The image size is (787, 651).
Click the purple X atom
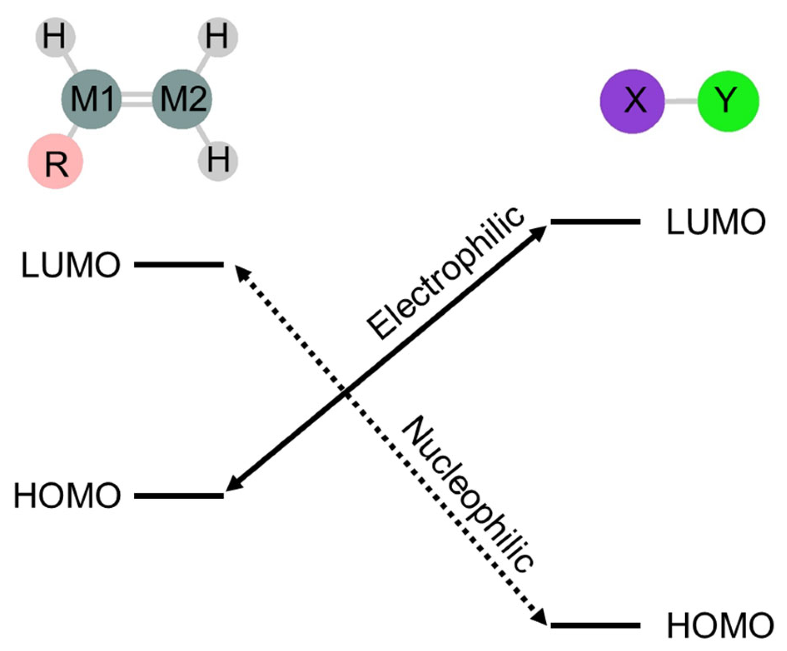632,101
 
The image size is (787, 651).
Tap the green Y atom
728,101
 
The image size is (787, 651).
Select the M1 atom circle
92,99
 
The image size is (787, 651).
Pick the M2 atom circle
182,99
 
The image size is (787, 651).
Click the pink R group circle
56,162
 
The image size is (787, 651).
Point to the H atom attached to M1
55,37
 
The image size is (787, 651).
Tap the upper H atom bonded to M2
218,37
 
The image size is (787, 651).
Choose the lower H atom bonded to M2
218,160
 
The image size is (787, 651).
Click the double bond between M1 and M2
137,99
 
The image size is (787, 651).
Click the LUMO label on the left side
71,265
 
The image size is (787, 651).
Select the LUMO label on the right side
716,222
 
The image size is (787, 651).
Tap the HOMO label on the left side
67,496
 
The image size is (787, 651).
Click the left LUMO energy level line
179,265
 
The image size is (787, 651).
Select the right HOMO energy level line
595,625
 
